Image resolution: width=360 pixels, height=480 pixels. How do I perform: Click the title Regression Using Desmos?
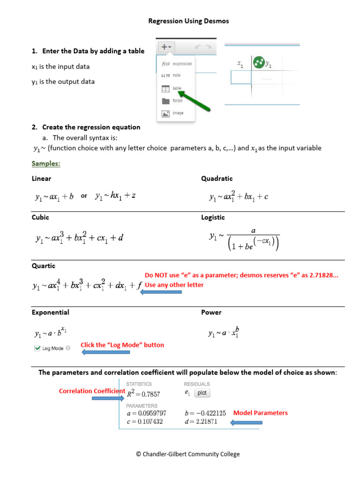(188, 21)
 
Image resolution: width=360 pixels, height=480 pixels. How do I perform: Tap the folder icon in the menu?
(165, 101)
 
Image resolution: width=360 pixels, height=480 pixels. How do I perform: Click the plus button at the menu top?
(166, 47)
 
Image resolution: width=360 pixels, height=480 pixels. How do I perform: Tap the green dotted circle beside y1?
(258, 62)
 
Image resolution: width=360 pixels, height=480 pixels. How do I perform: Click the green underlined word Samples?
(45, 164)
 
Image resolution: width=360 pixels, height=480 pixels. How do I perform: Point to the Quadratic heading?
(217, 179)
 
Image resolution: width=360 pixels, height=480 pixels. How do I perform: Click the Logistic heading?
(213, 217)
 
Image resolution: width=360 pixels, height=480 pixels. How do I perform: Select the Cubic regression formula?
(79, 238)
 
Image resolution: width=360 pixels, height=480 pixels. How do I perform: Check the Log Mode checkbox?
(37, 348)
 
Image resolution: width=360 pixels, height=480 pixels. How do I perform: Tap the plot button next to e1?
(202, 393)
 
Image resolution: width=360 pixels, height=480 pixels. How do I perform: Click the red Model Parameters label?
(260, 413)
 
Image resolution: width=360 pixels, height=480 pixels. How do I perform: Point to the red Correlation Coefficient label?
(92, 391)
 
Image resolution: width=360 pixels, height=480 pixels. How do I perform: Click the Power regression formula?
(224, 333)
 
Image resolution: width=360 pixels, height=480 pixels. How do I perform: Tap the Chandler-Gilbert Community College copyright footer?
(187, 454)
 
